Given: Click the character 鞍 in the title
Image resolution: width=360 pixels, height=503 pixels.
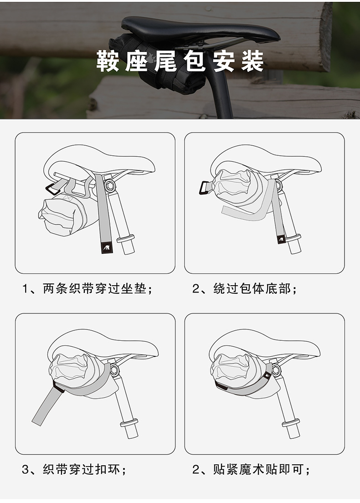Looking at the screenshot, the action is [x=108, y=61].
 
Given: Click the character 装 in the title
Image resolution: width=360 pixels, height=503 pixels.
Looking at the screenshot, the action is [x=252, y=61].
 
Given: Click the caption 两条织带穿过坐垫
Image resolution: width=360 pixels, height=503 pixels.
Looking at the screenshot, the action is [x=94, y=289].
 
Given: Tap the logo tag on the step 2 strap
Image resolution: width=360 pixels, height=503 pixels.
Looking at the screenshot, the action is [x=281, y=239].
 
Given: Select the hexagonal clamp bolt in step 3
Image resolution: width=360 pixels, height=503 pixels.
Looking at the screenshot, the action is [x=114, y=370].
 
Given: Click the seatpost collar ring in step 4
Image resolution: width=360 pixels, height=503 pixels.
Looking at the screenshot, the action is [x=291, y=423].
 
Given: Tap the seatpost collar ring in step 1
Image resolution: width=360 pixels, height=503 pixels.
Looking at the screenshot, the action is [x=125, y=239].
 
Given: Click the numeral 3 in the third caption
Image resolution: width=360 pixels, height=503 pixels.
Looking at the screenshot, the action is [x=26, y=470].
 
